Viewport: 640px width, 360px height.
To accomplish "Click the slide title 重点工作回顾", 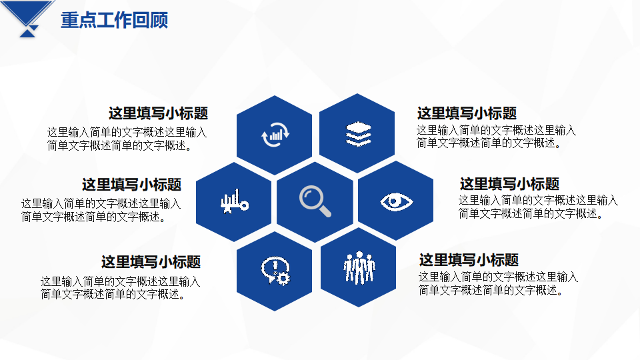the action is point(114,20).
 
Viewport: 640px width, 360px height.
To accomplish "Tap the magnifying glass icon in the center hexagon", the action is point(314,201).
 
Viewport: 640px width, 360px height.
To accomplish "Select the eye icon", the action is point(396,201).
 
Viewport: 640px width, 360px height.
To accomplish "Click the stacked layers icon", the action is point(358,133).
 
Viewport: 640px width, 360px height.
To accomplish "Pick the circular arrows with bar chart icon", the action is point(275,134).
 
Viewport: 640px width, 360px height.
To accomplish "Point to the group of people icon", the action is point(359,267).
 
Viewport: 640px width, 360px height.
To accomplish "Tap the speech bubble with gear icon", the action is point(275,270).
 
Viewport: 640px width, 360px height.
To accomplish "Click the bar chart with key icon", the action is point(234,201).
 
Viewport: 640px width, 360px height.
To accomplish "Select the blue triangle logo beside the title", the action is point(28,19).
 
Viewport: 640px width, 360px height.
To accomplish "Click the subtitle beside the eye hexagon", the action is point(509,184).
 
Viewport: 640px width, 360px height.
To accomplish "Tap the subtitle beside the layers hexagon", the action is point(467,113).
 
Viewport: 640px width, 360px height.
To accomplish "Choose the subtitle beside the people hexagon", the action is point(469,259).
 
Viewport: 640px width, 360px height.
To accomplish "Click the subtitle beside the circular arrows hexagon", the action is point(159,113).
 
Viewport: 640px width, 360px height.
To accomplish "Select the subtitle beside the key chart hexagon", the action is point(131,185).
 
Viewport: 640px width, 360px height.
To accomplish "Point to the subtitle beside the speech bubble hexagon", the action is point(151,261).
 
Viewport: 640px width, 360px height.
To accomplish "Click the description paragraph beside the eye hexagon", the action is point(539,207).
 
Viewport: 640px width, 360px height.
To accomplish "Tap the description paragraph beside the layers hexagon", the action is point(496,136).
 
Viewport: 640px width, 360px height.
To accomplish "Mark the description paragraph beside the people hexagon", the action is point(498,283).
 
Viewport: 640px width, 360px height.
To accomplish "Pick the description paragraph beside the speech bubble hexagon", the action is point(121,287).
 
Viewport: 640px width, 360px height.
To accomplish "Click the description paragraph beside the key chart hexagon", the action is point(101,210).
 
